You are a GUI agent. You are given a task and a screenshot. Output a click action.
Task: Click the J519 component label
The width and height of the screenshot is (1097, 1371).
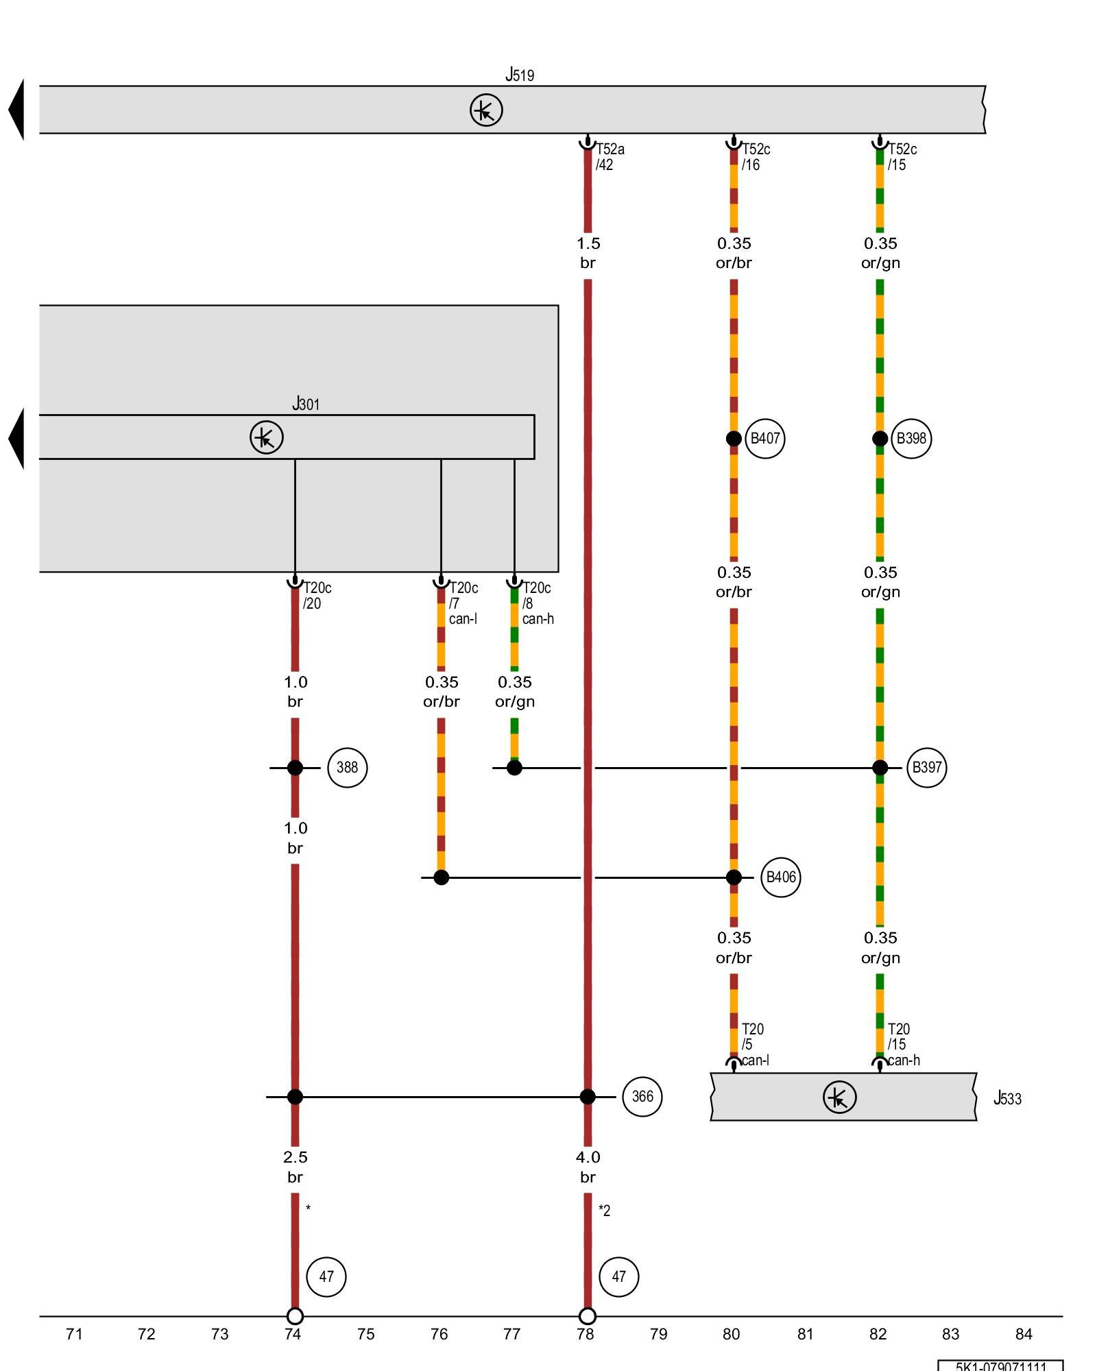click(x=520, y=74)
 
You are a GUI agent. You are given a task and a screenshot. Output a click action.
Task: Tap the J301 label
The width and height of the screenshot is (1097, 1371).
click(x=306, y=404)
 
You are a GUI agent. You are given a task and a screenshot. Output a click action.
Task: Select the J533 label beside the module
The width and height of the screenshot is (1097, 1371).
click(x=1007, y=1098)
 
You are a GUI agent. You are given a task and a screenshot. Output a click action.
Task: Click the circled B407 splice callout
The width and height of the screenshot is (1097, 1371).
click(x=764, y=439)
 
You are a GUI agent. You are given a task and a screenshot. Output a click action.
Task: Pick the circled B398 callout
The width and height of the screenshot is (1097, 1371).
click(x=911, y=439)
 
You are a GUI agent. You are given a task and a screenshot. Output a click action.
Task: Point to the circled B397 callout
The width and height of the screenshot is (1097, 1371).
click(x=926, y=768)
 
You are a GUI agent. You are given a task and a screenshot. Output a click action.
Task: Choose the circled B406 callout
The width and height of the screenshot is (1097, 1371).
click(x=781, y=877)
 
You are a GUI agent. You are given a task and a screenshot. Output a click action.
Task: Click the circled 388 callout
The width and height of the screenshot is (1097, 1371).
click(x=347, y=768)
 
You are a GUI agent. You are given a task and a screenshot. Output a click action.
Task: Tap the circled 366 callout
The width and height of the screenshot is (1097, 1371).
click(x=642, y=1097)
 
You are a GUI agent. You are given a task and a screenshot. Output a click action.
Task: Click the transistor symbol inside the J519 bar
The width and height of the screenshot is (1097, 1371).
click(x=486, y=110)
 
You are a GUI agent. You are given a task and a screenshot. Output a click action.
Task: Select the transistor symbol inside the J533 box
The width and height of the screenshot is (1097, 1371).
click(x=839, y=1097)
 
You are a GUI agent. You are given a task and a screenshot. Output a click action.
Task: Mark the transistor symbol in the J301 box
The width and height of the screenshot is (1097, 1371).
click(x=266, y=437)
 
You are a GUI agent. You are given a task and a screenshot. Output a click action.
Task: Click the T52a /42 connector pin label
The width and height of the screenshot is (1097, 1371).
click(x=610, y=157)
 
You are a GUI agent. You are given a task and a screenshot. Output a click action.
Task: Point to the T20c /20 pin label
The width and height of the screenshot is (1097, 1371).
click(x=317, y=596)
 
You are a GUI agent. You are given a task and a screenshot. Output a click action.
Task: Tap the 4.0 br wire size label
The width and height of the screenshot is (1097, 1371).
click(x=588, y=1167)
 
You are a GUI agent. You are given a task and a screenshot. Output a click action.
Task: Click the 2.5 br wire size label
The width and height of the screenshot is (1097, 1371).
click(x=295, y=1167)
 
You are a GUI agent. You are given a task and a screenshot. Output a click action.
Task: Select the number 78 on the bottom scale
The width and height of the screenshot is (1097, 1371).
click(x=585, y=1334)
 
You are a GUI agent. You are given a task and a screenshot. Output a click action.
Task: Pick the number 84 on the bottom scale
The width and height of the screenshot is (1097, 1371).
click(x=1024, y=1334)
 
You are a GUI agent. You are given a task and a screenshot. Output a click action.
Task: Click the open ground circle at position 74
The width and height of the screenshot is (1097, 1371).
click(x=295, y=1316)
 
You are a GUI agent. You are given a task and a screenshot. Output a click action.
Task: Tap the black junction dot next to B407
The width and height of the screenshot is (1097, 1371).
click(x=734, y=439)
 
